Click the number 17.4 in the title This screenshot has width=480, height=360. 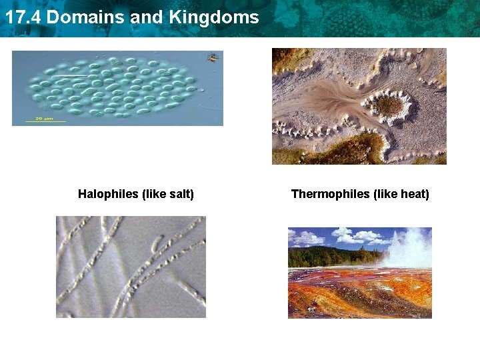click(x=23, y=17)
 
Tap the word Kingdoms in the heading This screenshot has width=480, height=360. click(x=214, y=17)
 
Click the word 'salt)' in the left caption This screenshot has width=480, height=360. click(x=180, y=194)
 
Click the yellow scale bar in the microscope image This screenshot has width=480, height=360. click(x=45, y=121)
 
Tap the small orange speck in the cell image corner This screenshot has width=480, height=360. click(x=213, y=57)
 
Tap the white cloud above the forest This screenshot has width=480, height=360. click(x=353, y=235)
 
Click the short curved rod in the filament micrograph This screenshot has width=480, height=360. click(x=156, y=241)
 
